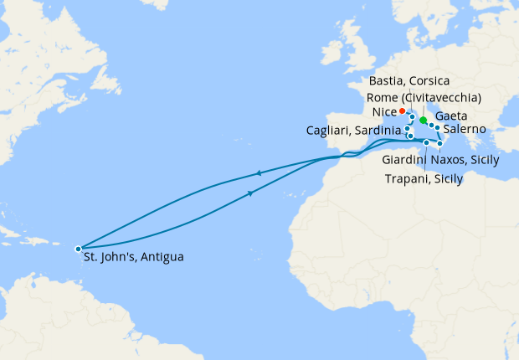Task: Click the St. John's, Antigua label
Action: click(133, 256)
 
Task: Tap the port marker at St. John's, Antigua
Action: click(78, 249)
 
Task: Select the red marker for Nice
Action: click(403, 111)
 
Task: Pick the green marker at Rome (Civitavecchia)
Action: click(423, 121)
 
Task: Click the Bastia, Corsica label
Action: click(409, 80)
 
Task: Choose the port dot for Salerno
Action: click(437, 128)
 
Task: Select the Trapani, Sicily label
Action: click(424, 178)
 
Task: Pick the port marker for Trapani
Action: click(426, 143)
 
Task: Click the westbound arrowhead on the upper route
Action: click(258, 173)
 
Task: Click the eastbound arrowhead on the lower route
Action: click(252, 194)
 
